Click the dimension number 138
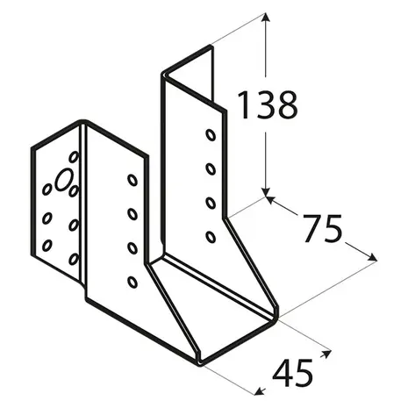(x=268, y=104)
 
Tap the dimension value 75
(x=322, y=229)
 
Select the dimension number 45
(x=292, y=374)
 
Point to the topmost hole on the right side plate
(x=211, y=135)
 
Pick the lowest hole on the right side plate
(x=211, y=237)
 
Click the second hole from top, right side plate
(x=211, y=169)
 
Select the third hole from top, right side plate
(x=211, y=203)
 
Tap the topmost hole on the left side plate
(x=132, y=180)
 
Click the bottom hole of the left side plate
(x=132, y=282)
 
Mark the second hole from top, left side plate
(x=132, y=214)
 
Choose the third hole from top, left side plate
(x=132, y=248)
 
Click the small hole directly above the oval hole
(x=74, y=157)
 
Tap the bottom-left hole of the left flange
(x=47, y=246)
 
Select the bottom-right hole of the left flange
(x=74, y=259)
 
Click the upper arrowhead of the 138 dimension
(x=265, y=17)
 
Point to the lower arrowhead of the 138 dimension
(x=265, y=191)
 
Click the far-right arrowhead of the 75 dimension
(x=372, y=257)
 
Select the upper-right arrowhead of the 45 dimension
(x=326, y=354)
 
